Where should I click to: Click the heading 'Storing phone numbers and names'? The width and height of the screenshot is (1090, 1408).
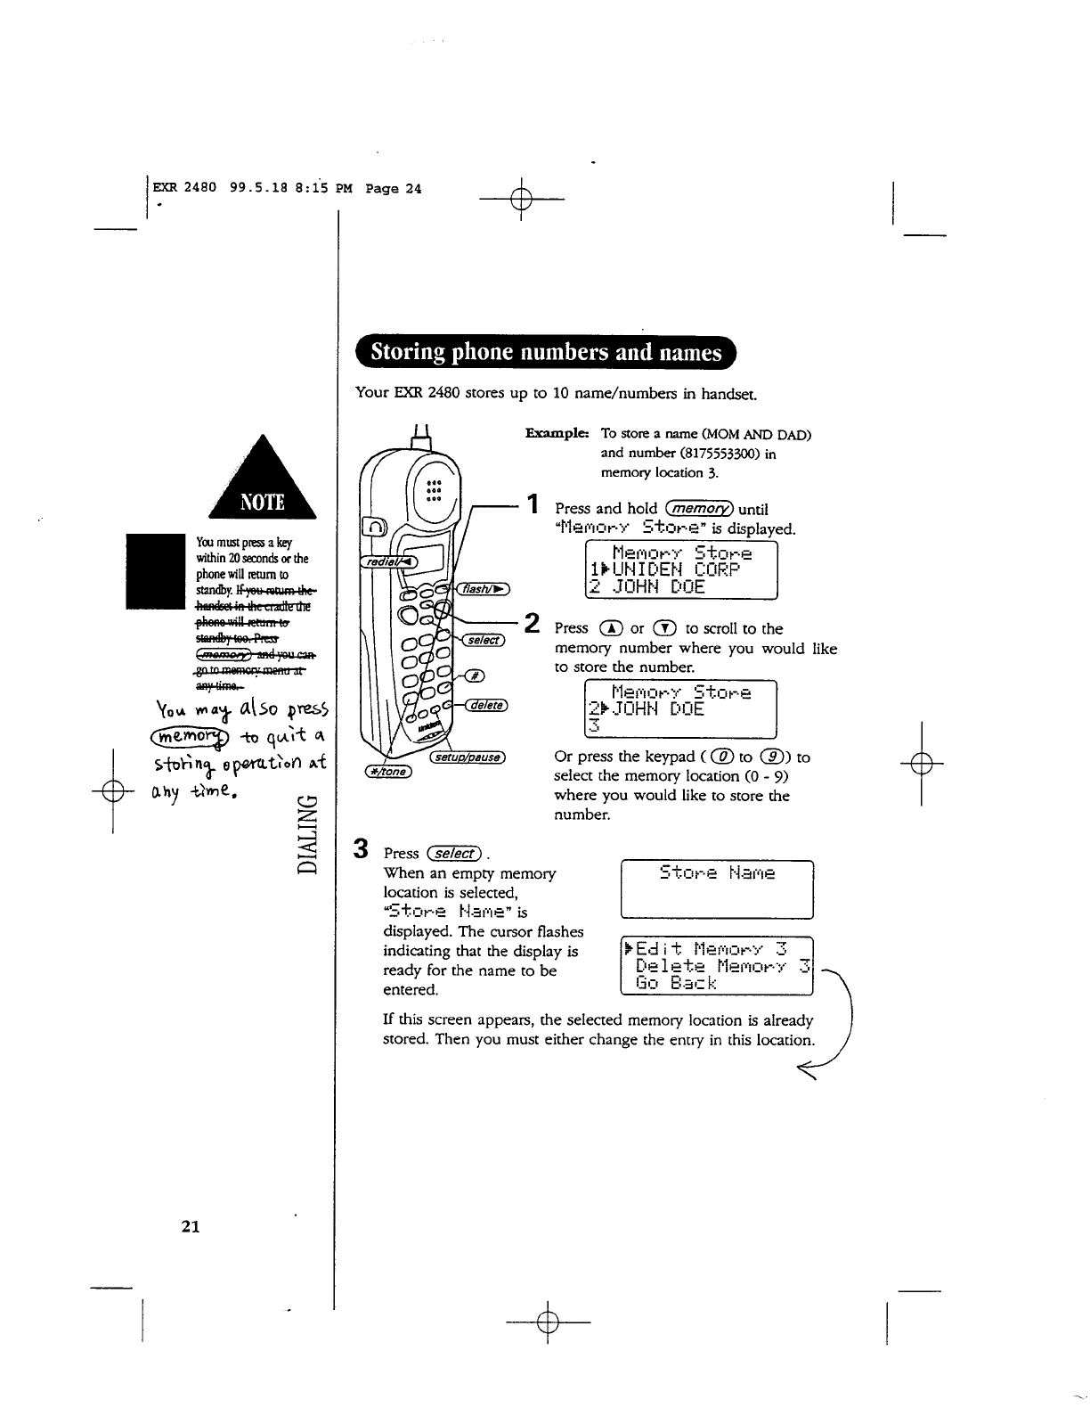click(546, 353)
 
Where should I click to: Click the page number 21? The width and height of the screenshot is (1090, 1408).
click(189, 1227)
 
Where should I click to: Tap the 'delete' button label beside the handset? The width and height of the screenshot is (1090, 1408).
click(484, 705)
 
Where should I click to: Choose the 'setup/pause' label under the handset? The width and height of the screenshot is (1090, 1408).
click(468, 758)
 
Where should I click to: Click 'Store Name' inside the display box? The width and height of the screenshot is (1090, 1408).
click(717, 873)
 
